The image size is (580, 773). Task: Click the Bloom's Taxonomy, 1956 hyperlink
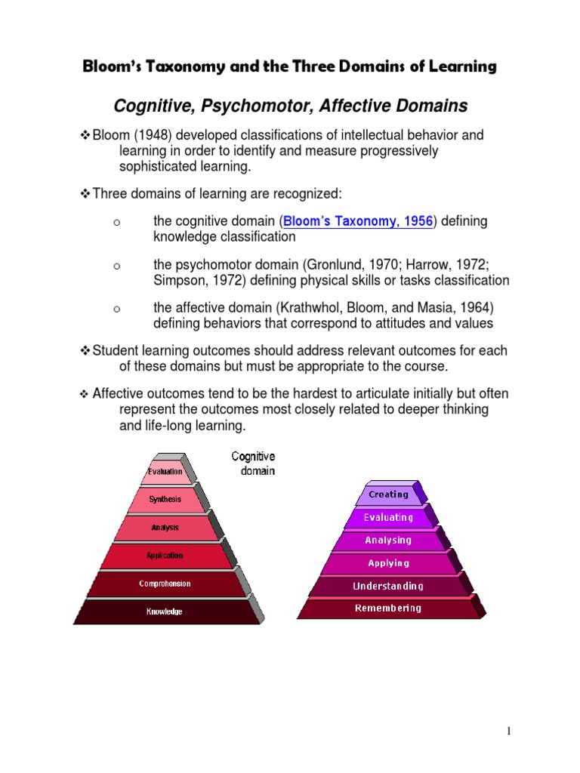tap(357, 221)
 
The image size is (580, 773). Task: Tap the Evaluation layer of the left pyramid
tap(165, 472)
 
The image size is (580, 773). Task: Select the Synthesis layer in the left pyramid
tap(165, 499)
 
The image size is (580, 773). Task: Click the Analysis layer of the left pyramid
tap(165, 528)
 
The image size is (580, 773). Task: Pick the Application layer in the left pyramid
tap(165, 556)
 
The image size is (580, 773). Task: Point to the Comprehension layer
tap(165, 584)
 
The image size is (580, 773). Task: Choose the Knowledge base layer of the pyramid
tap(165, 611)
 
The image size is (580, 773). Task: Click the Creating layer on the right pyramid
tap(388, 494)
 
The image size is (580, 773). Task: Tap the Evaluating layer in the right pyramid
tap(388, 518)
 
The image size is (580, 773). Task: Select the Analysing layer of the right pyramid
tap(388, 540)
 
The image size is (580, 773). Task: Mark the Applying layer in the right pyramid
tap(388, 563)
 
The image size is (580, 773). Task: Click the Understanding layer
tap(388, 586)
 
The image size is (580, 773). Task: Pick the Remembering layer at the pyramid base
tap(388, 608)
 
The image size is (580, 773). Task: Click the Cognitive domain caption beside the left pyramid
tap(253, 463)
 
